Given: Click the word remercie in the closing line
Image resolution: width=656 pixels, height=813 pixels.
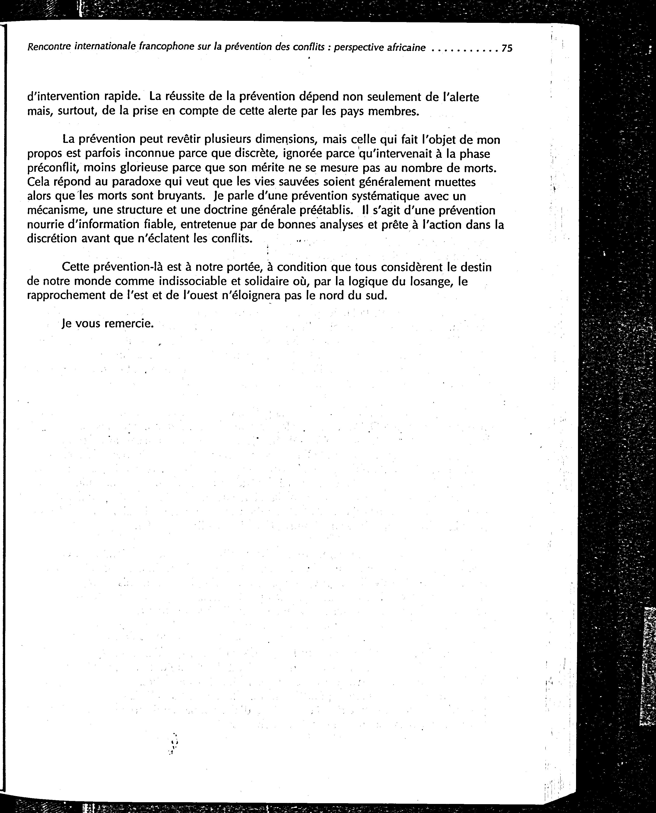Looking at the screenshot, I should pos(129,324).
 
